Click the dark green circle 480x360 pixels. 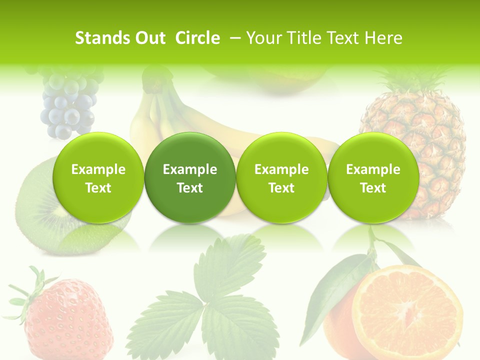[190, 177]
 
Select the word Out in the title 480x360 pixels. [150, 38]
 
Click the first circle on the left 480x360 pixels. [98, 177]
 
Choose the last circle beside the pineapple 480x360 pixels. [373, 177]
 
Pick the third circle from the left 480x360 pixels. [281, 177]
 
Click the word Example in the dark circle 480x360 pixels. [190, 169]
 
